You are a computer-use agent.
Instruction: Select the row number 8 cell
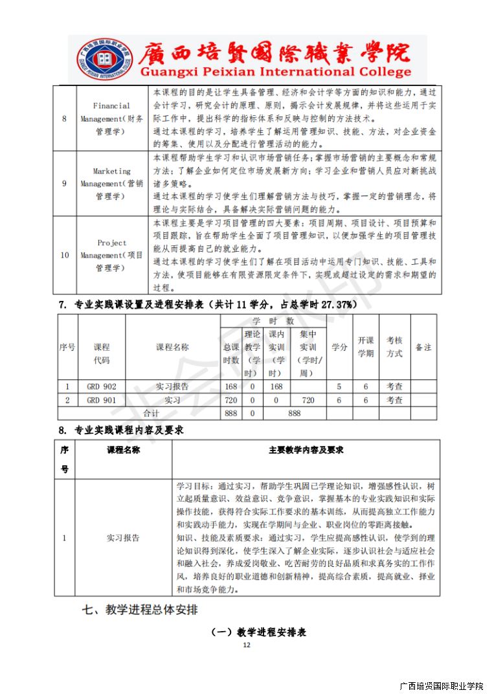click(64, 118)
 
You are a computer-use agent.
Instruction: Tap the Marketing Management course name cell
click(111, 183)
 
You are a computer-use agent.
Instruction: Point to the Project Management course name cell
click(111, 254)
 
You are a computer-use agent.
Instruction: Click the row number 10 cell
click(64, 254)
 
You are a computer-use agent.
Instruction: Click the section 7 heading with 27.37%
click(205, 304)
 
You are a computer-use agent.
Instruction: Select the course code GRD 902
click(101, 386)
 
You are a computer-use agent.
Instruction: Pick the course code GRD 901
click(101, 400)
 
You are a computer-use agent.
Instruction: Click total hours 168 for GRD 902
click(230, 386)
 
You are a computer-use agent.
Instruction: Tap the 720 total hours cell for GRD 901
click(230, 400)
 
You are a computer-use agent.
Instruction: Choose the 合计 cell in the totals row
click(150, 413)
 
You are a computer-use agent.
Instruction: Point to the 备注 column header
click(423, 347)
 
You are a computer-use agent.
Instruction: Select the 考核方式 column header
click(394, 347)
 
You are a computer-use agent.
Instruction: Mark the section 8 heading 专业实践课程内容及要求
click(121, 430)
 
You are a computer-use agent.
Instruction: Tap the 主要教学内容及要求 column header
click(306, 450)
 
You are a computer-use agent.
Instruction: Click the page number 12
click(246, 645)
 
